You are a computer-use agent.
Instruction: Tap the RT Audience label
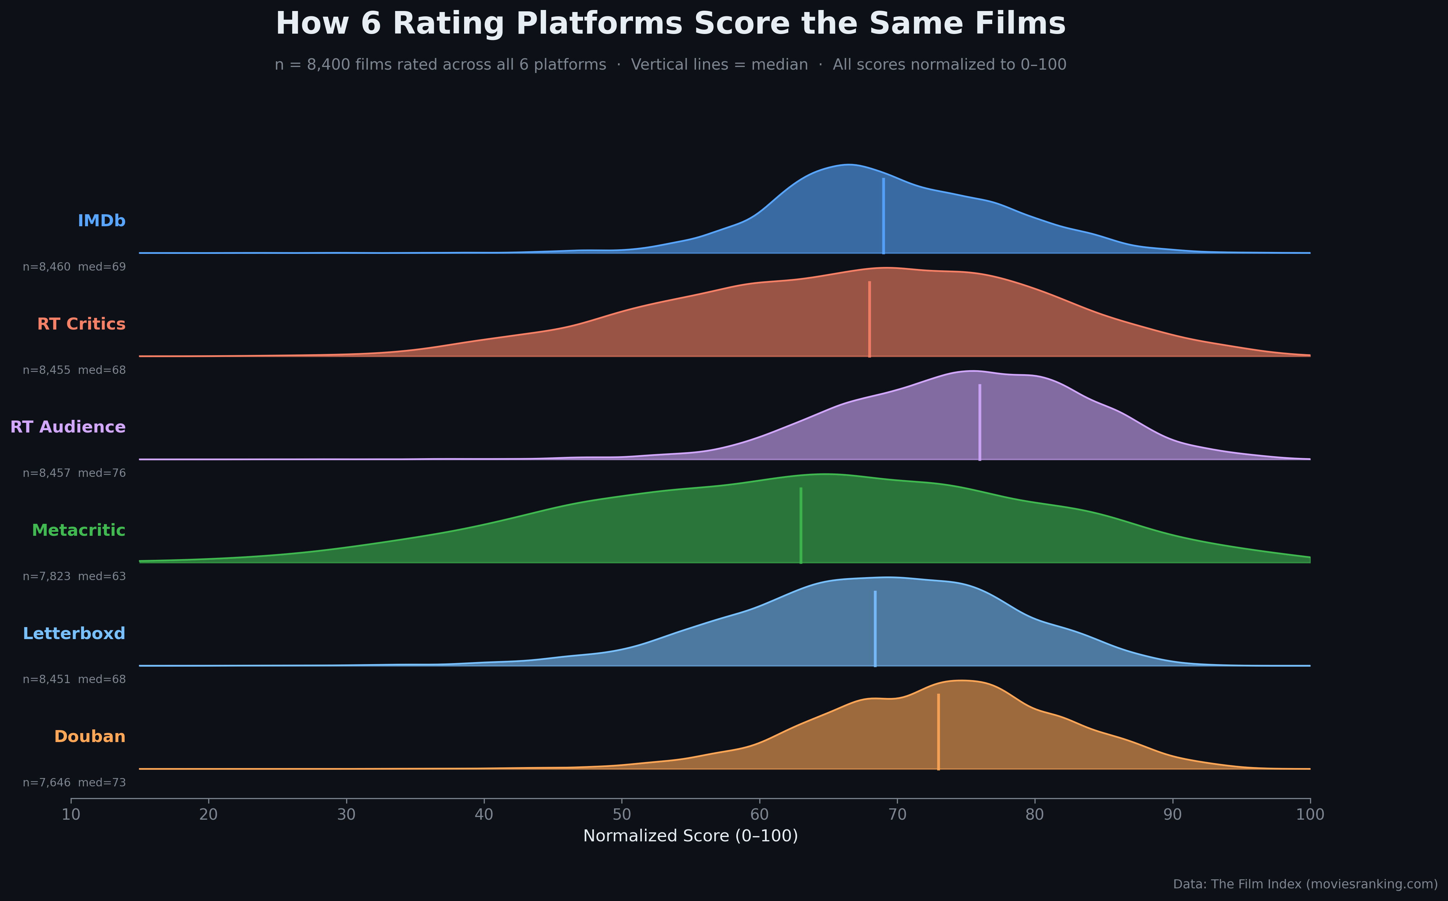68,427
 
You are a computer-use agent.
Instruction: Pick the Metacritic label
79,530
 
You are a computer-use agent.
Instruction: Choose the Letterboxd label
74,633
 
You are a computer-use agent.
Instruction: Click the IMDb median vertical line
883,216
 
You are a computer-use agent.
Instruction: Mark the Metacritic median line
801,525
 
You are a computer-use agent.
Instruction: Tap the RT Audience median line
980,422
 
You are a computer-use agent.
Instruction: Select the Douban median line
939,732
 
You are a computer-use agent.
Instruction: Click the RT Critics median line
869,319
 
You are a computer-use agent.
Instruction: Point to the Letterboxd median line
875,629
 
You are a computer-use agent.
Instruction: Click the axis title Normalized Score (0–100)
690,836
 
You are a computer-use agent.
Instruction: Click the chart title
670,24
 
